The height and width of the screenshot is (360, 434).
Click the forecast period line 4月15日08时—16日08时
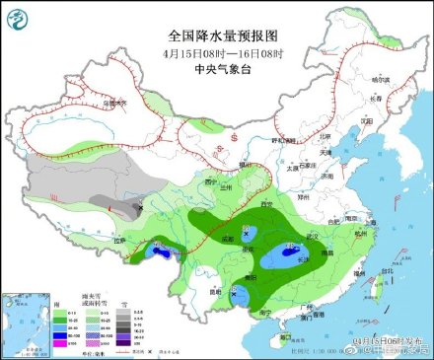point(217,53)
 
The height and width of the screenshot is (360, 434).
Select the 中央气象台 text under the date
point(217,69)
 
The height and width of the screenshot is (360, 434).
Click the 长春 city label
point(374,98)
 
